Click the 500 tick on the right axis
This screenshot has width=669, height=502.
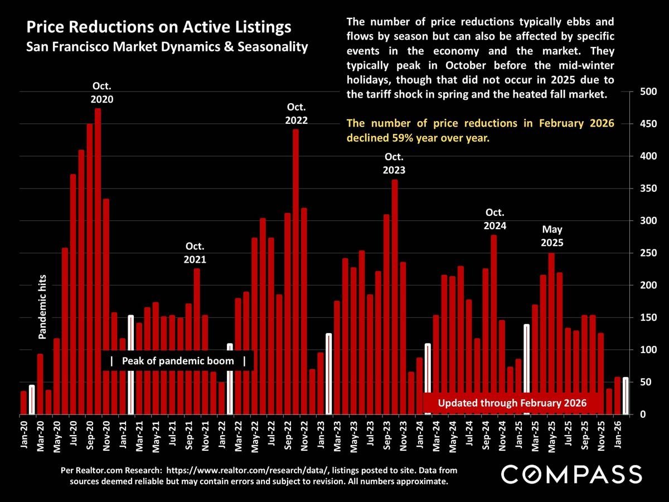pyautogui.click(x=646, y=91)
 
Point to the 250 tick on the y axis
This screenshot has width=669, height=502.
pyautogui.click(x=646, y=253)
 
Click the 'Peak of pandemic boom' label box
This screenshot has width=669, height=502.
pyautogui.click(x=178, y=361)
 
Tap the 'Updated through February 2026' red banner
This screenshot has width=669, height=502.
pyautogui.click(x=512, y=403)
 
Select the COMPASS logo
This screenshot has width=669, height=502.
pyautogui.click(x=571, y=475)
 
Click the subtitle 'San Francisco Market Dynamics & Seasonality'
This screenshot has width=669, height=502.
pyautogui.click(x=167, y=47)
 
